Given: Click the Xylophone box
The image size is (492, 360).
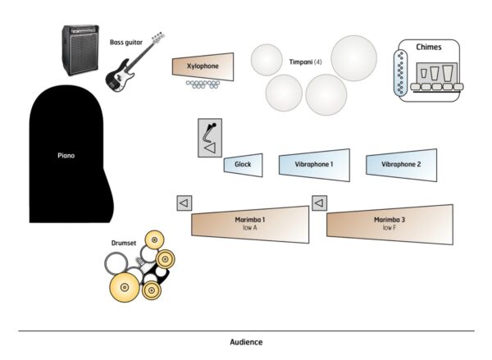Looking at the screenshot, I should [x=203, y=66].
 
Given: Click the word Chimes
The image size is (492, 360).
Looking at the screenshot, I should [x=428, y=48].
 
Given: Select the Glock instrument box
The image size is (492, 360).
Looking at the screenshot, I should [x=243, y=164].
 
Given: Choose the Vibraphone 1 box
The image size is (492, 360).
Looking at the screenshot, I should [x=314, y=164].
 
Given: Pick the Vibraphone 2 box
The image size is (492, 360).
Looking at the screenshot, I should [x=401, y=164].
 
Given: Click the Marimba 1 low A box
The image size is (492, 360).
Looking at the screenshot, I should [x=251, y=224].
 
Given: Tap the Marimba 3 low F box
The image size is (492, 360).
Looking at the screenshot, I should [x=389, y=224].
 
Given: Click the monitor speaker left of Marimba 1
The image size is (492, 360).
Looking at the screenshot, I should [x=184, y=203].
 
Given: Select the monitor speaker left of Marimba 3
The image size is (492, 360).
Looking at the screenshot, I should [x=320, y=203].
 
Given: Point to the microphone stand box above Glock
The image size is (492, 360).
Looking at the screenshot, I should [x=210, y=139].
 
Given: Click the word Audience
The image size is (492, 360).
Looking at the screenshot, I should [x=246, y=341].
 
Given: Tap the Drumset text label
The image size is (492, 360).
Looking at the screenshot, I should [x=123, y=243].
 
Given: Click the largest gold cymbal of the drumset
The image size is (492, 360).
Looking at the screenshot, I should [x=125, y=286].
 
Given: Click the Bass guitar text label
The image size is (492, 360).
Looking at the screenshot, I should [x=125, y=42].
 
